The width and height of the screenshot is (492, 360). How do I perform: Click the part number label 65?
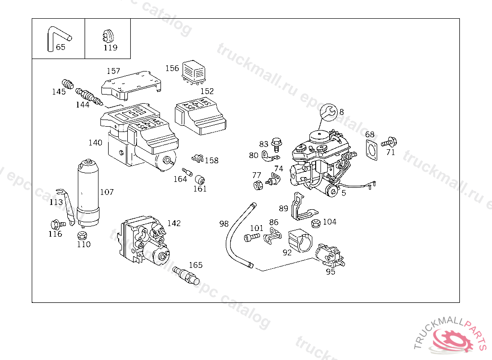pos(61,47)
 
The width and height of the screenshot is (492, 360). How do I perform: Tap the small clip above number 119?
pos(108,36)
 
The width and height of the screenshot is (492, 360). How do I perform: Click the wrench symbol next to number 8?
pos(329,112)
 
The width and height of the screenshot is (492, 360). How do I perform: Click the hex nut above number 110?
pos(82,235)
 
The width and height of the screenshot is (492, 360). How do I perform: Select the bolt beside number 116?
pos(56,224)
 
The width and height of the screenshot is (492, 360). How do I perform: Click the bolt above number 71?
pos(389,142)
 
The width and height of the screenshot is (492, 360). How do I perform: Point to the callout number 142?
pos(174,223)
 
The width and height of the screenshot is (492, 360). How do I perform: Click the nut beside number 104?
pos(316,223)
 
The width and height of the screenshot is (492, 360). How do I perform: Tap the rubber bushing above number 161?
pos(201,180)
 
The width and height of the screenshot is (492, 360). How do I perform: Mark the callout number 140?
pos(95,143)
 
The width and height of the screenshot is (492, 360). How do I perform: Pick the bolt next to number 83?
pos(276,143)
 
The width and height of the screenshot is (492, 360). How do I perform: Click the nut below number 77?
pos(257,185)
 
